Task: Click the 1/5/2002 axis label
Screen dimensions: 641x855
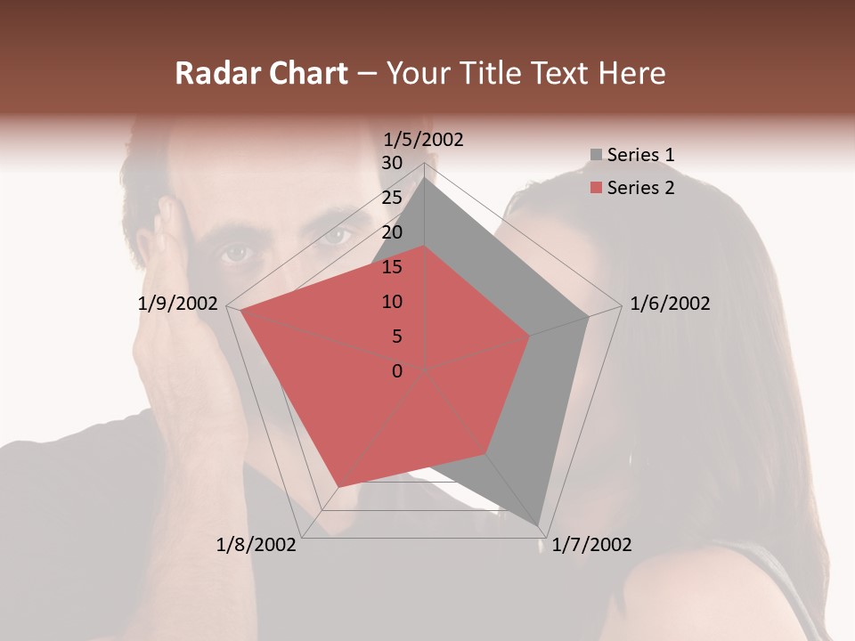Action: (423, 140)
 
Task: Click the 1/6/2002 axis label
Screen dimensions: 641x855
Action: (670, 304)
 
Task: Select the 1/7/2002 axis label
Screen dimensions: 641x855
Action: (591, 545)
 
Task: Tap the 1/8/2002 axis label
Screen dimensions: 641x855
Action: (256, 545)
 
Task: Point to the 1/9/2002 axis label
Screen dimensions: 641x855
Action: (178, 304)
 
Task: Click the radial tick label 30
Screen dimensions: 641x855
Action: (392, 163)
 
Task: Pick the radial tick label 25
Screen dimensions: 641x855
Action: (392, 198)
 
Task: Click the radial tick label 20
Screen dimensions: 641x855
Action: (392, 232)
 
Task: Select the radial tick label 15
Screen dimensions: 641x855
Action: (392, 267)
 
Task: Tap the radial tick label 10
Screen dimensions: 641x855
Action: (392, 302)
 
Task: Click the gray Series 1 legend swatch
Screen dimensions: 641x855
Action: (596, 156)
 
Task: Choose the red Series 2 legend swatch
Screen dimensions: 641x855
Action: (596, 188)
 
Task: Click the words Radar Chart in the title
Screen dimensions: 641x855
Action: (261, 74)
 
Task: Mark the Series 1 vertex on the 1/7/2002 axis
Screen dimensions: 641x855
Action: (540, 524)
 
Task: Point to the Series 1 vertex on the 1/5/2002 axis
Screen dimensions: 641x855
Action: (425, 177)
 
